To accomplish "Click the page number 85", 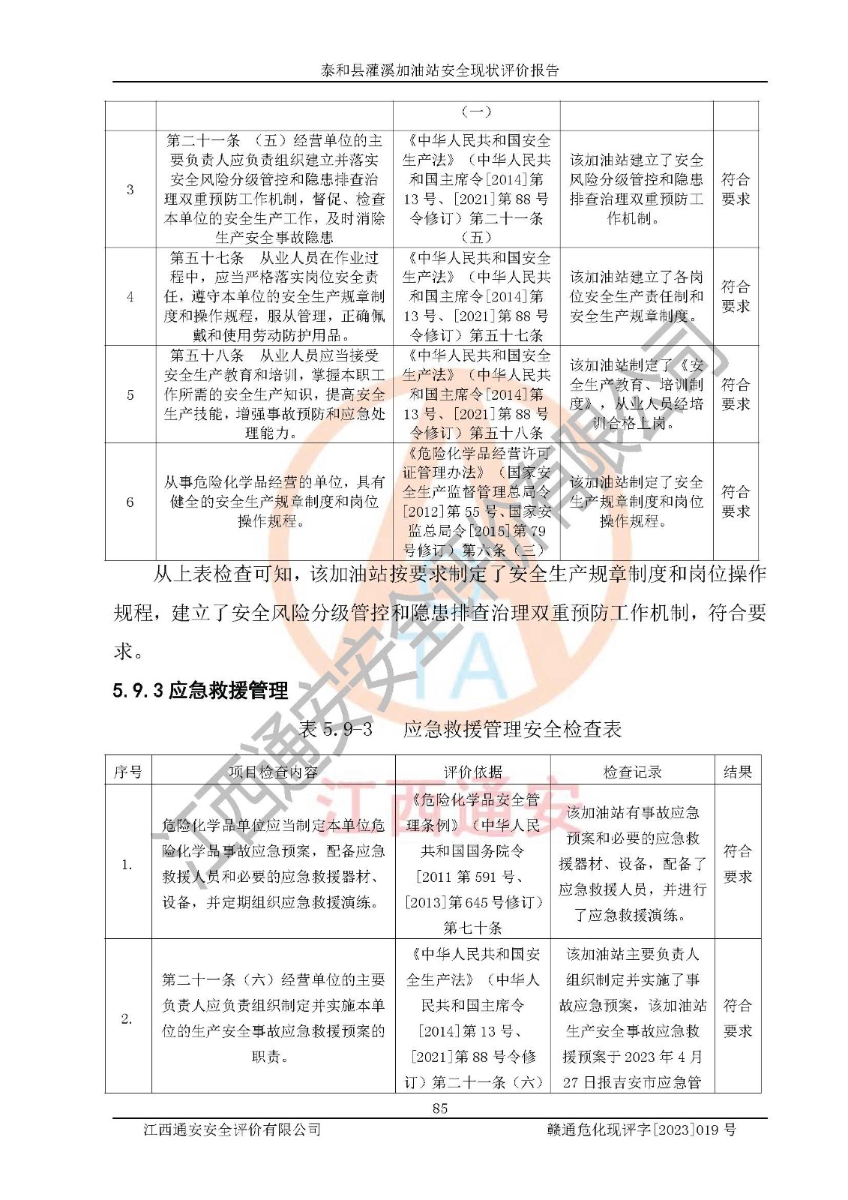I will (x=440, y=1108).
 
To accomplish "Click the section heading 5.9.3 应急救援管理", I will (x=200, y=690).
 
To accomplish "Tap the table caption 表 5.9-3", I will (x=336, y=729).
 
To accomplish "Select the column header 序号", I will (x=127, y=772).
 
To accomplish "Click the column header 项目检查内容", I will (x=273, y=772).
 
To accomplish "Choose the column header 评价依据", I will (x=473, y=772).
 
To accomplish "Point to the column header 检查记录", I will (x=633, y=772).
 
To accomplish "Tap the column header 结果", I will (x=737, y=772).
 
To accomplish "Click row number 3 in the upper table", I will (x=130, y=189).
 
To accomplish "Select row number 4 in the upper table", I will (x=130, y=297).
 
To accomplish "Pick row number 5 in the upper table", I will (x=130, y=394).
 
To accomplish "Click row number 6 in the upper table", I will (x=130, y=502).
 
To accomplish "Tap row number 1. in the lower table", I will (x=127, y=865).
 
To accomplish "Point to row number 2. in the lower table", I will (x=127, y=1018).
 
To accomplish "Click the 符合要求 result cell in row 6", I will (x=736, y=502).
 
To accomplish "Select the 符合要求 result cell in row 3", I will (x=736, y=189).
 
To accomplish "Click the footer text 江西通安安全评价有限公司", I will (x=232, y=1129).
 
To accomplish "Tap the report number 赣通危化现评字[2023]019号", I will (x=642, y=1129).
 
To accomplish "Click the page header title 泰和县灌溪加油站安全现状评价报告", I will (x=440, y=70).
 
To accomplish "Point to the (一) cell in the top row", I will (x=475, y=112).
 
